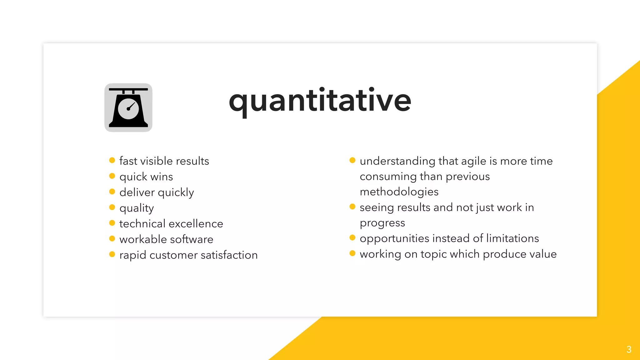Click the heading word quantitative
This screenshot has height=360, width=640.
pos(320,101)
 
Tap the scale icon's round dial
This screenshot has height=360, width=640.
pos(128,108)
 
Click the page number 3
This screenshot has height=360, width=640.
pos(629,349)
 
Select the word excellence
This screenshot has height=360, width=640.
pos(196,224)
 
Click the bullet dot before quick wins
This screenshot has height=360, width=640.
pos(112,176)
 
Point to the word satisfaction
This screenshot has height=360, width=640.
pos(229,255)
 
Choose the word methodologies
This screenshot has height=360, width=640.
pos(399,192)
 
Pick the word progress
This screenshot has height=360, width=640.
pos(382,223)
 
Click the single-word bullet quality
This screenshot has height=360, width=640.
pos(137,208)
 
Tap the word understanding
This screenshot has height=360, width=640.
pos(397,161)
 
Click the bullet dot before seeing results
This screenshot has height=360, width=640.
pos(352,207)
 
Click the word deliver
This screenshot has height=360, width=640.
pos(137,192)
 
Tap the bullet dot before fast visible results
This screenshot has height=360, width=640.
pos(112,160)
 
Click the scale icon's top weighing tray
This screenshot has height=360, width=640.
pos(128,89)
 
